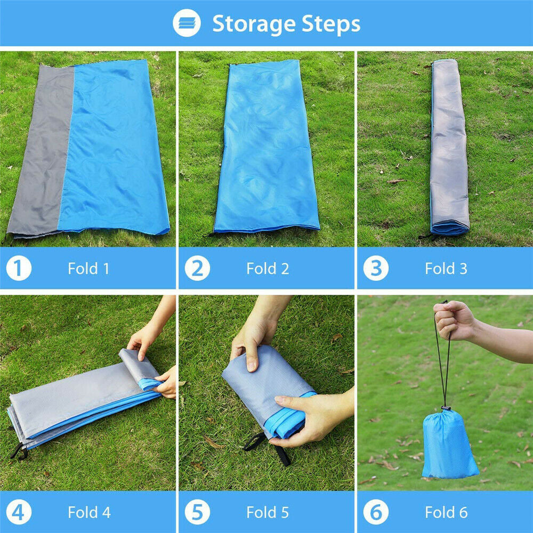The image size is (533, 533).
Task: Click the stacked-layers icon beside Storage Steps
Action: coord(187,23)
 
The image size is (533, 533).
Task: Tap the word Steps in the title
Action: coord(331,25)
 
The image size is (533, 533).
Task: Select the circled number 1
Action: coord(19,268)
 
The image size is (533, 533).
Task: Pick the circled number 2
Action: coord(197,268)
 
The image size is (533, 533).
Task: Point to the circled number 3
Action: coord(376,268)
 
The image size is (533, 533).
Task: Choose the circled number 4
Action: coord(19,512)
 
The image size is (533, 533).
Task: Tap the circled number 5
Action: coord(197,512)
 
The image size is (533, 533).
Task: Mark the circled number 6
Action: coord(376,512)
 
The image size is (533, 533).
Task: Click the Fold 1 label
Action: coord(88,269)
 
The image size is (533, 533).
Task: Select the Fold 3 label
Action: coord(446,269)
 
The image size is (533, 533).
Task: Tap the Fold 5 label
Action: coord(268,512)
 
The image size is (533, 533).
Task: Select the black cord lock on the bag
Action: coord(446,408)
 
